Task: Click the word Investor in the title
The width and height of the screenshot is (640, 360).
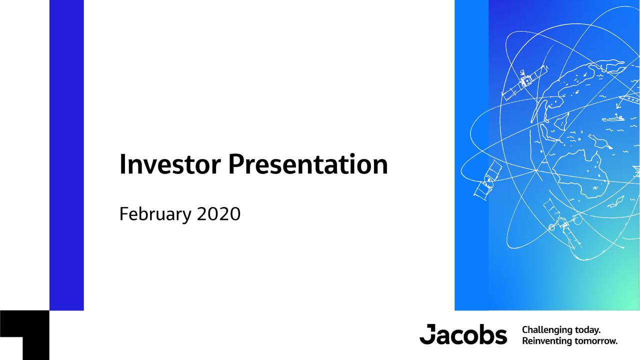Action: point(170,164)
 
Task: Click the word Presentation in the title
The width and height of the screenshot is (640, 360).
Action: point(308,164)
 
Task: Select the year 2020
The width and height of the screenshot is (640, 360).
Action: point(218,214)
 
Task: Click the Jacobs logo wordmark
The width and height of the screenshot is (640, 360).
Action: point(463,334)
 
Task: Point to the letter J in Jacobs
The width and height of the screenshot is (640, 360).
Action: point(428,334)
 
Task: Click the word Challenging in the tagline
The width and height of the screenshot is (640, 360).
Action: point(547,330)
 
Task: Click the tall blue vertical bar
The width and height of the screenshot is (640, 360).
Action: point(66,155)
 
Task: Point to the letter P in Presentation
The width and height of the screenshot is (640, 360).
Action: point(236,164)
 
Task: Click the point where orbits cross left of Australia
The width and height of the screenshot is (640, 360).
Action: point(536,171)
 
